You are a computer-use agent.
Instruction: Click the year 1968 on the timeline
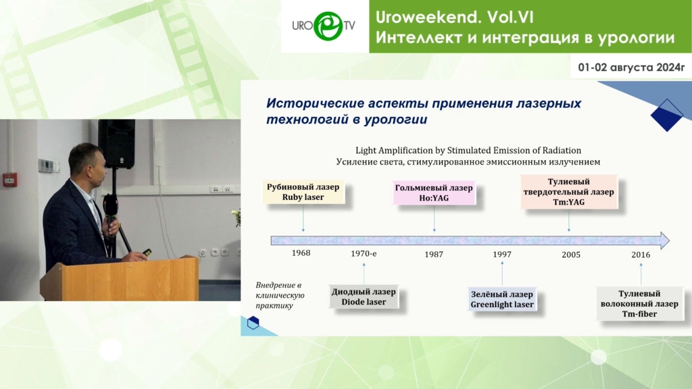click(x=301, y=253)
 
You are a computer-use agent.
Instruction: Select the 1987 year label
click(x=434, y=254)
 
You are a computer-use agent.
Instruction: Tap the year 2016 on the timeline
click(x=641, y=255)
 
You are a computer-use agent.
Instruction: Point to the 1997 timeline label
click(x=502, y=254)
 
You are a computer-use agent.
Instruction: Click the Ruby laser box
click(x=303, y=192)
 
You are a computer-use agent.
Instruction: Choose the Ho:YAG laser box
click(x=434, y=192)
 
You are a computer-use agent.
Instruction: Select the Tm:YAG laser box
click(x=568, y=191)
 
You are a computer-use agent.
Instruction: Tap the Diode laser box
click(x=364, y=296)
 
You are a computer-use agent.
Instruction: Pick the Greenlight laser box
click(x=502, y=299)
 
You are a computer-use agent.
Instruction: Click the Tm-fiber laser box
click(x=639, y=303)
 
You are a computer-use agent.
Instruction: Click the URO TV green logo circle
click(x=328, y=26)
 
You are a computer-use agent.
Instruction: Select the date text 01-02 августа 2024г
click(x=631, y=68)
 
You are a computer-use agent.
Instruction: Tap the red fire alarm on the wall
click(x=9, y=180)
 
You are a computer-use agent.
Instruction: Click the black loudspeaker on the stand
click(x=116, y=144)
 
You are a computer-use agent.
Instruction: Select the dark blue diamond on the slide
click(x=667, y=115)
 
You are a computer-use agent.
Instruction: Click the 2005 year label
click(x=570, y=255)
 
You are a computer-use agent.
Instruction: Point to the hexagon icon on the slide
click(x=253, y=323)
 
